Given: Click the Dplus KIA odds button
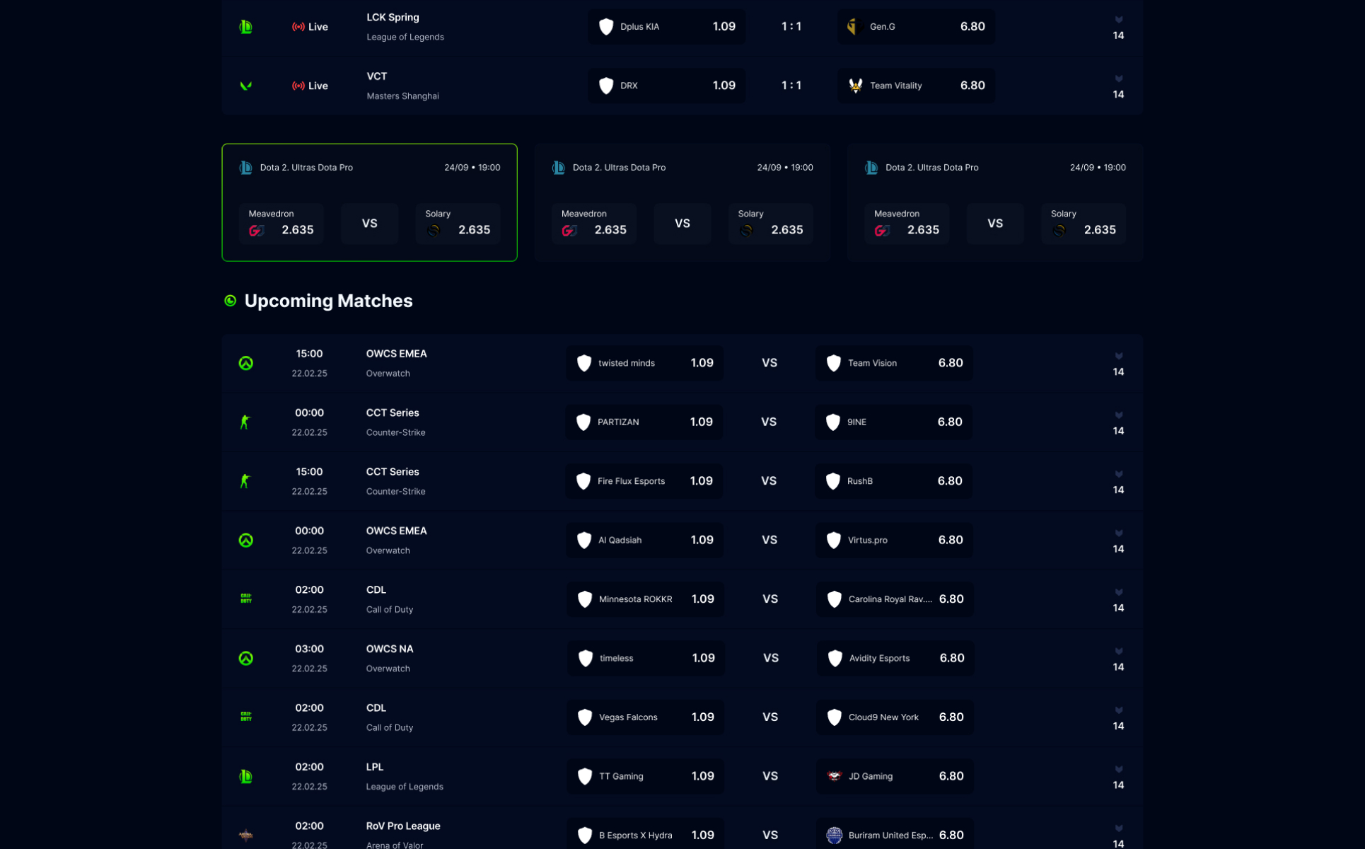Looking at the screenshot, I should (666, 27).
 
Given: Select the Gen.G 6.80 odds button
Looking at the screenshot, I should (916, 27).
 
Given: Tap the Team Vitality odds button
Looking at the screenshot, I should (916, 86).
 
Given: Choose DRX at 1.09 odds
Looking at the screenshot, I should (666, 86).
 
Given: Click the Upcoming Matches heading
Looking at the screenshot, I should (328, 301).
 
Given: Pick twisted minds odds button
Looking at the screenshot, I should (644, 363).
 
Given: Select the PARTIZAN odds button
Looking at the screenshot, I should (644, 422).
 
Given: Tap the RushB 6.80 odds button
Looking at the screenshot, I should (893, 481).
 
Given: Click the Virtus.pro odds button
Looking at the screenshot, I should (894, 541).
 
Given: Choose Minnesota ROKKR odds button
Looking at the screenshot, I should (645, 599).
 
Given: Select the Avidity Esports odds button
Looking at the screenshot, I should (895, 659).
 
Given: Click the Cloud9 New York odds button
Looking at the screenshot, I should (895, 717).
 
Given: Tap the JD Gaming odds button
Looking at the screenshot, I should (895, 776).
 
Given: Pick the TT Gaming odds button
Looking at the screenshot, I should (645, 776).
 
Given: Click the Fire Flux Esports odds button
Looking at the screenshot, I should (644, 481).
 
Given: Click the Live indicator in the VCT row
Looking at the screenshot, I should (310, 86).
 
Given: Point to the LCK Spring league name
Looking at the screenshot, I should (393, 18).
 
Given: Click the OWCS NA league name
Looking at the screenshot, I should (390, 649).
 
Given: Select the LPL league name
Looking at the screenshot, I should (375, 767).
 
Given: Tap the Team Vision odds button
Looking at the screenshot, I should (894, 363).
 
